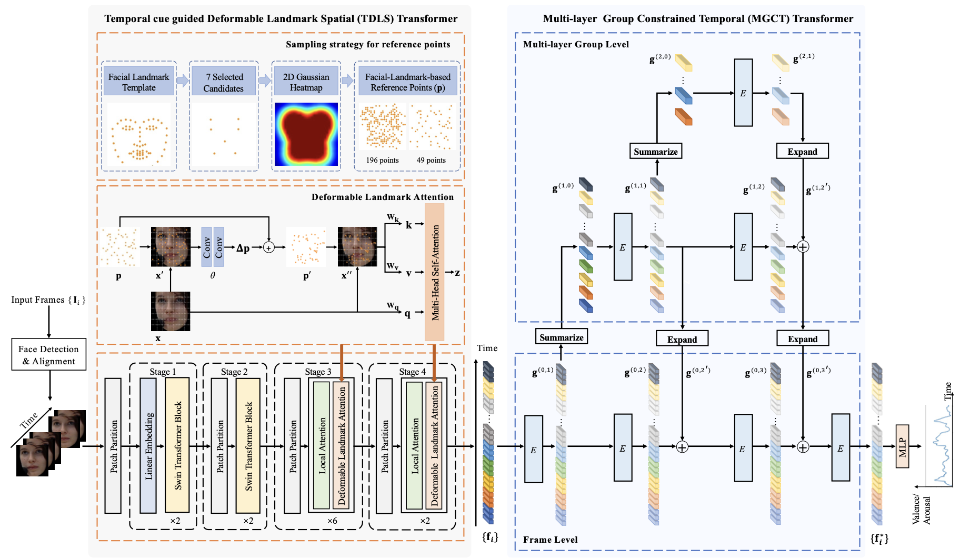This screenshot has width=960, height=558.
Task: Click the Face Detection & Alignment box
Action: (49, 355)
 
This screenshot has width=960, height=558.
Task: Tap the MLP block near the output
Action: (902, 446)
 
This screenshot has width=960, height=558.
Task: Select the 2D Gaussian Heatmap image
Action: (306, 134)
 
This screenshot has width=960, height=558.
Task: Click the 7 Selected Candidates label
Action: (224, 83)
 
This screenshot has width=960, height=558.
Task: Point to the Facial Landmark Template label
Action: (139, 82)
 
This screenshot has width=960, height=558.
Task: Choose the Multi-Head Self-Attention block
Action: (435, 272)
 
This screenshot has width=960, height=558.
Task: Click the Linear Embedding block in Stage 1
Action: (148, 445)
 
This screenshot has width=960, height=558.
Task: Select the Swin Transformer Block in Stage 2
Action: (248, 445)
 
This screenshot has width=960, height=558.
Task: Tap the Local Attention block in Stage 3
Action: (321, 445)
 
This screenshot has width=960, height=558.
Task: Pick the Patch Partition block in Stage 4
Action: (384, 445)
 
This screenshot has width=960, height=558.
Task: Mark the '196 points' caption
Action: (382, 160)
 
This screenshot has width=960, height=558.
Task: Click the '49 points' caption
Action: (431, 160)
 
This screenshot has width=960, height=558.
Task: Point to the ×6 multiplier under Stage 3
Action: (332, 521)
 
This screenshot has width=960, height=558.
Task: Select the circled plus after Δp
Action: (269, 247)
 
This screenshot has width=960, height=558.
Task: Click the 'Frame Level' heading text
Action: (550, 540)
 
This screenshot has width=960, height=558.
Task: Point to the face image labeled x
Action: (171, 311)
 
